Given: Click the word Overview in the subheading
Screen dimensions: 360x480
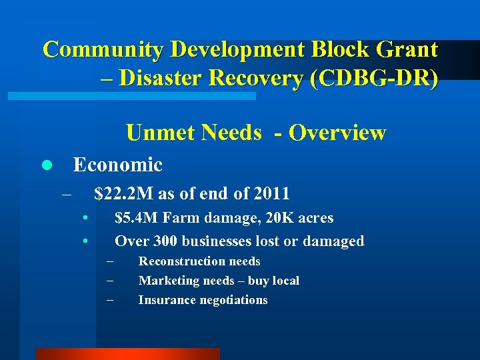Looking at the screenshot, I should coord(337,133).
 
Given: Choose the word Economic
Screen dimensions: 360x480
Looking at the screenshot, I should coord(117,164).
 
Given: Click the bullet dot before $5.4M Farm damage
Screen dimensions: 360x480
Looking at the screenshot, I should coord(86,218).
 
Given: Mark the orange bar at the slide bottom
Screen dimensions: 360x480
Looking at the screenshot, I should coord(127,354).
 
